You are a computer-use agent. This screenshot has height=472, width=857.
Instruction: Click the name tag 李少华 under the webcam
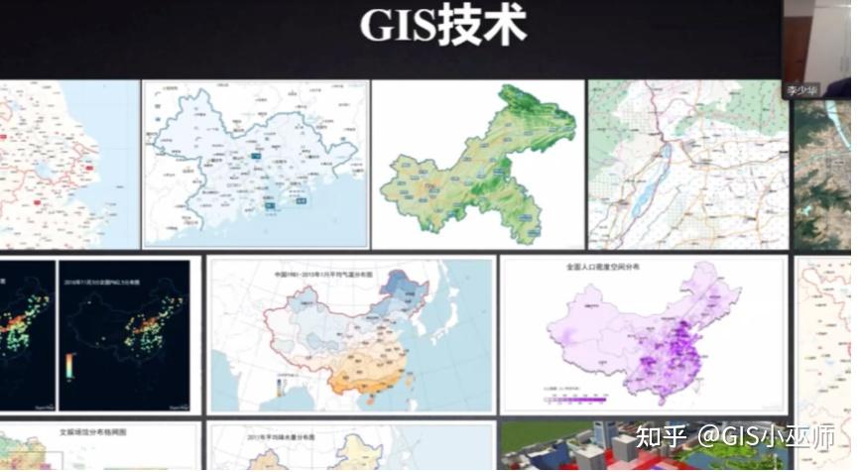pos(800,89)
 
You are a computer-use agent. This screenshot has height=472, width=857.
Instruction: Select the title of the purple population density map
pos(602,268)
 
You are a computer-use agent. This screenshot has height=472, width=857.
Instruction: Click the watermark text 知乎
pos(659,435)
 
